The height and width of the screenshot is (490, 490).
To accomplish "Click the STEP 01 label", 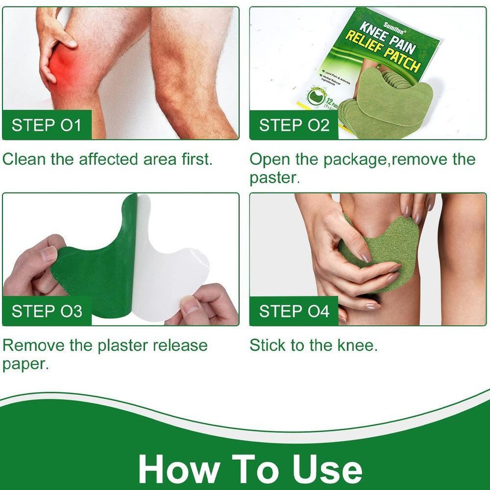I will point(46,125).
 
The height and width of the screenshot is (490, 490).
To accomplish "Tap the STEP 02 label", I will point(294,125).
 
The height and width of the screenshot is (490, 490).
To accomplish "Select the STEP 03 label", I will point(46,311).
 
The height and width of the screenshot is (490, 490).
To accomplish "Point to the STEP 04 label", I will point(294,311).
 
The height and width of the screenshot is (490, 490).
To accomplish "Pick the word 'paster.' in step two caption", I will point(273,178).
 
